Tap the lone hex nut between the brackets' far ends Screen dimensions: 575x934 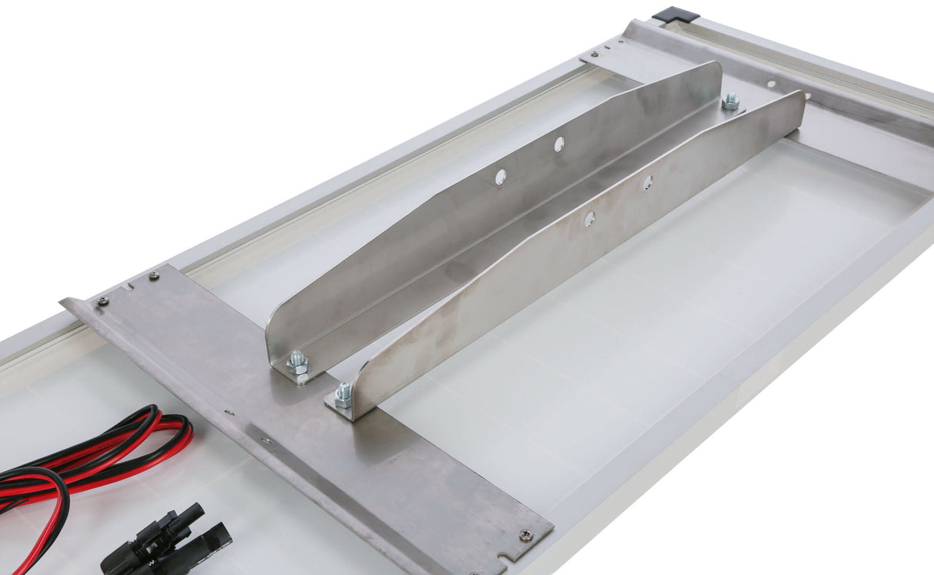click(x=730, y=101)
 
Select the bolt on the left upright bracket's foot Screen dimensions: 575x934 click(x=298, y=362)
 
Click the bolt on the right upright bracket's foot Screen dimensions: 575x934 click(x=343, y=395)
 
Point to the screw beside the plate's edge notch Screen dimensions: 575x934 click(x=525, y=534)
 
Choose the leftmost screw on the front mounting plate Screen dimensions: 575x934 click(x=102, y=301)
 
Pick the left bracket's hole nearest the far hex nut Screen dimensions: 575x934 click(x=559, y=143)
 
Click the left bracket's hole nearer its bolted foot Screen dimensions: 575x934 click(x=500, y=176)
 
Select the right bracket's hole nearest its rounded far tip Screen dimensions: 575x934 click(x=648, y=182)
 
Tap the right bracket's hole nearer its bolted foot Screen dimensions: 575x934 click(x=589, y=219)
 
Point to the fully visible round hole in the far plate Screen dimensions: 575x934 click(x=771, y=84)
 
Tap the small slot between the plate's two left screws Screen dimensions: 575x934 click(x=127, y=288)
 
